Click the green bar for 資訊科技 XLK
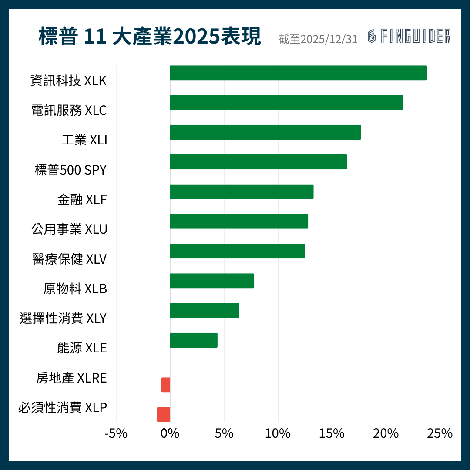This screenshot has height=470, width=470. (298, 73)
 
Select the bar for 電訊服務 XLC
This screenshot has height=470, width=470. (286, 103)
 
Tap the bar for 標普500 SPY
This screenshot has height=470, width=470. (258, 162)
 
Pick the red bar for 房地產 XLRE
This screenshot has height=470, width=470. (166, 385)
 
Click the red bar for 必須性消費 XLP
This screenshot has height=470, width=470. (164, 414)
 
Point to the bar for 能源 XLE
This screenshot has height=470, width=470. (194, 340)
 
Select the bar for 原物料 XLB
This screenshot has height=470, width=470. (212, 281)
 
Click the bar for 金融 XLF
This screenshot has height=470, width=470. (242, 191)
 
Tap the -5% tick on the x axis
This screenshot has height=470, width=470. (116, 434)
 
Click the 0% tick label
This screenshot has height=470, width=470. (170, 434)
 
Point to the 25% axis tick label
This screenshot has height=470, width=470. (440, 434)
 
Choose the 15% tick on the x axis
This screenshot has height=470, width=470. (332, 434)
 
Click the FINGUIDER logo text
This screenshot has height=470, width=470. (409, 37)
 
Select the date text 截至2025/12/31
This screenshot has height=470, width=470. (318, 39)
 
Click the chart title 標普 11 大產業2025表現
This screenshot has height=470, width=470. (150, 37)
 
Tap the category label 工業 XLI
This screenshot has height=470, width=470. (84, 141)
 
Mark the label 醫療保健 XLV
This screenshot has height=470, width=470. (70, 259)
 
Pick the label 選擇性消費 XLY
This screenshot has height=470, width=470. (63, 319)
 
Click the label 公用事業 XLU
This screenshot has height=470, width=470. (69, 229)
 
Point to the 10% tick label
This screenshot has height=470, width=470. (278, 434)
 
